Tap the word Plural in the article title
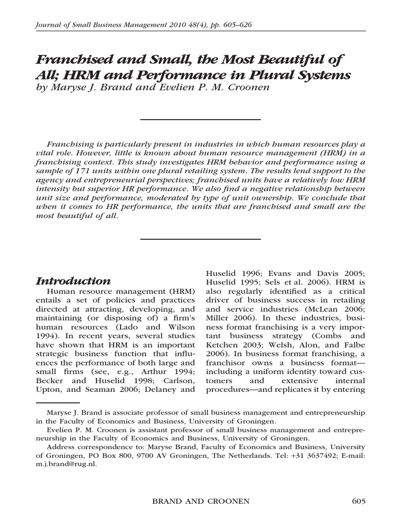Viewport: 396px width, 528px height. [276, 75]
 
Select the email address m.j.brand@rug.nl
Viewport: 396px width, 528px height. [67, 463]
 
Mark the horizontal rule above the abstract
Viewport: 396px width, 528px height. [201, 119]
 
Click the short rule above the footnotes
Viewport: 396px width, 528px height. [58, 402]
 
